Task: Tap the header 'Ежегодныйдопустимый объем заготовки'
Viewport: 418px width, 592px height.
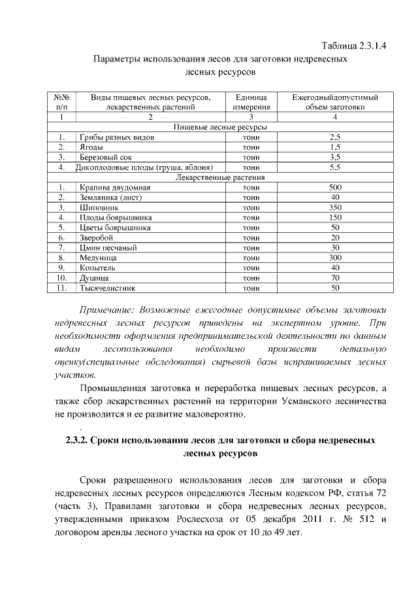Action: click(335, 101)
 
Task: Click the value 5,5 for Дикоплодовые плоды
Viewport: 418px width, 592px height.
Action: click(335, 167)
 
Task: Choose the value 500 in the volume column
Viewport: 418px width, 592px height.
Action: click(335, 188)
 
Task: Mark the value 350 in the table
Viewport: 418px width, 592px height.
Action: click(335, 207)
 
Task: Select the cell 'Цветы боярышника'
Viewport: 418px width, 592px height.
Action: click(115, 228)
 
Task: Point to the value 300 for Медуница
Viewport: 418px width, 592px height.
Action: click(335, 258)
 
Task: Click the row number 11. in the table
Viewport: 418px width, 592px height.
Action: click(60, 287)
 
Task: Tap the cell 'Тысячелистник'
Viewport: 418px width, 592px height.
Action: click(108, 287)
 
